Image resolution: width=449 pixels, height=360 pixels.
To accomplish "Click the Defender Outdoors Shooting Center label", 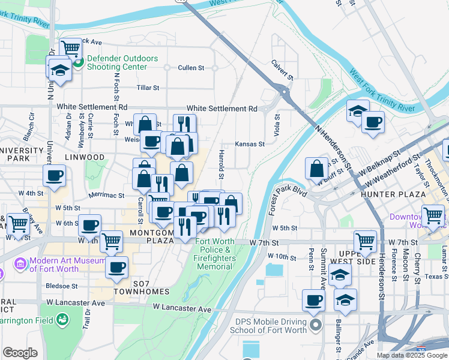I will [122, 63].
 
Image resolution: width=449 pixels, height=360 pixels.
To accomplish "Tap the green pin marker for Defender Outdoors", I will [79, 62].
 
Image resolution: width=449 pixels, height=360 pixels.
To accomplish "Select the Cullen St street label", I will [191, 68].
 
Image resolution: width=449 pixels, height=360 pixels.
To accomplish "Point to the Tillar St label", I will [148, 88].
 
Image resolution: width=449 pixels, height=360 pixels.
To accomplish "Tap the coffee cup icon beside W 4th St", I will [54, 176].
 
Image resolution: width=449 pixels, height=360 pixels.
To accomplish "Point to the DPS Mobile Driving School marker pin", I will [317, 326].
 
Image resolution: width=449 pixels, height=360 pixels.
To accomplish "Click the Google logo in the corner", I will [20, 353].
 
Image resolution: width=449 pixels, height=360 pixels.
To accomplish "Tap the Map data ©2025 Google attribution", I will [412, 355].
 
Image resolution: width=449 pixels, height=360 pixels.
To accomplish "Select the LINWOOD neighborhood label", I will [86, 157].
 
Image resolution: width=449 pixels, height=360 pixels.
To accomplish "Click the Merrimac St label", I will [106, 195].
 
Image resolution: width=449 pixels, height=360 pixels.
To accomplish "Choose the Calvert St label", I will [282, 70].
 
